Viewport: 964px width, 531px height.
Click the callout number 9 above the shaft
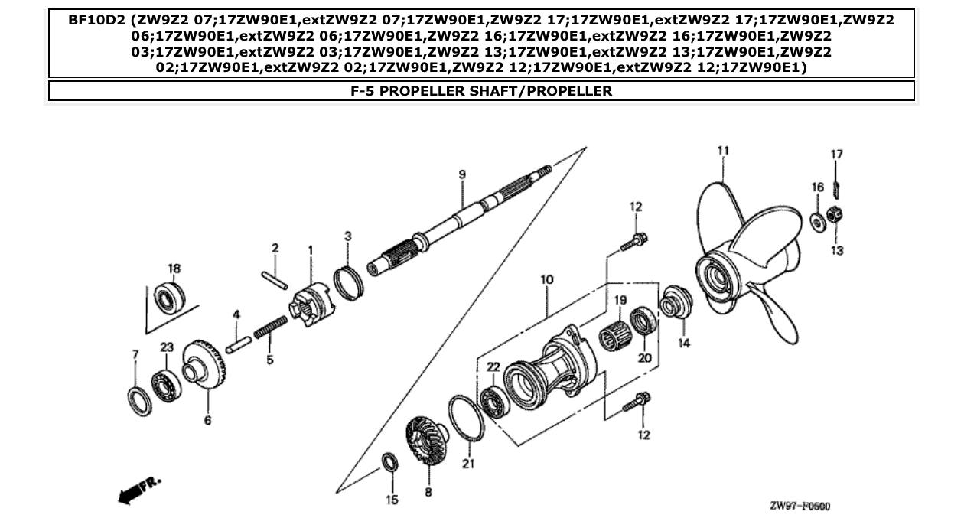coord(462,175)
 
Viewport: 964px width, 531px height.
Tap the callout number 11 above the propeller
coord(722,151)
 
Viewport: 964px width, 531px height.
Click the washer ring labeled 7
coord(139,400)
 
